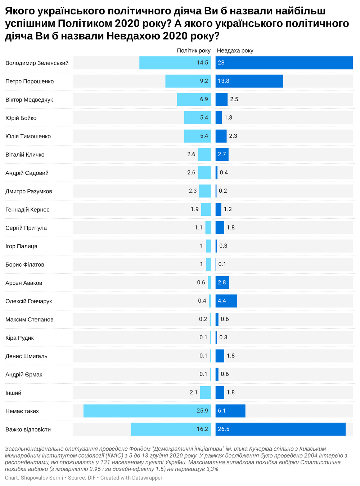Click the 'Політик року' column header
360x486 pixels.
click(x=194, y=50)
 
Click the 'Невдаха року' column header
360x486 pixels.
click(x=235, y=50)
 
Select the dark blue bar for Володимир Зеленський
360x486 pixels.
click(x=284, y=63)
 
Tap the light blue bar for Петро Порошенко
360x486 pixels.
click(x=188, y=81)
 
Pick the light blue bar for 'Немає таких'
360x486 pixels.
click(x=147, y=411)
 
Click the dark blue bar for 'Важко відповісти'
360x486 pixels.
click(x=280, y=429)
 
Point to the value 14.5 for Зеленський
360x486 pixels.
click(x=202, y=63)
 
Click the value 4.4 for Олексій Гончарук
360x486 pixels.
click(x=222, y=301)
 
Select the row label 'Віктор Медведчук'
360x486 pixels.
click(x=29, y=99)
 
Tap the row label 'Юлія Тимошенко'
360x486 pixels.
click(x=28, y=136)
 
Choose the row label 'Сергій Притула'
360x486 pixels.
click(x=26, y=228)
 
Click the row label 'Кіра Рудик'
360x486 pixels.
click(x=19, y=338)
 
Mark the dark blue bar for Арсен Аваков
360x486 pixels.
click(x=222, y=282)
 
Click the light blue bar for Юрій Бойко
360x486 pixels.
click(x=197, y=118)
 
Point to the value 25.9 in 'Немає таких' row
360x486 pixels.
click(x=202, y=411)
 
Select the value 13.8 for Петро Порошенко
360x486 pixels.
click(x=224, y=81)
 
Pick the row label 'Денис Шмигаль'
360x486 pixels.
click(x=26, y=356)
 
